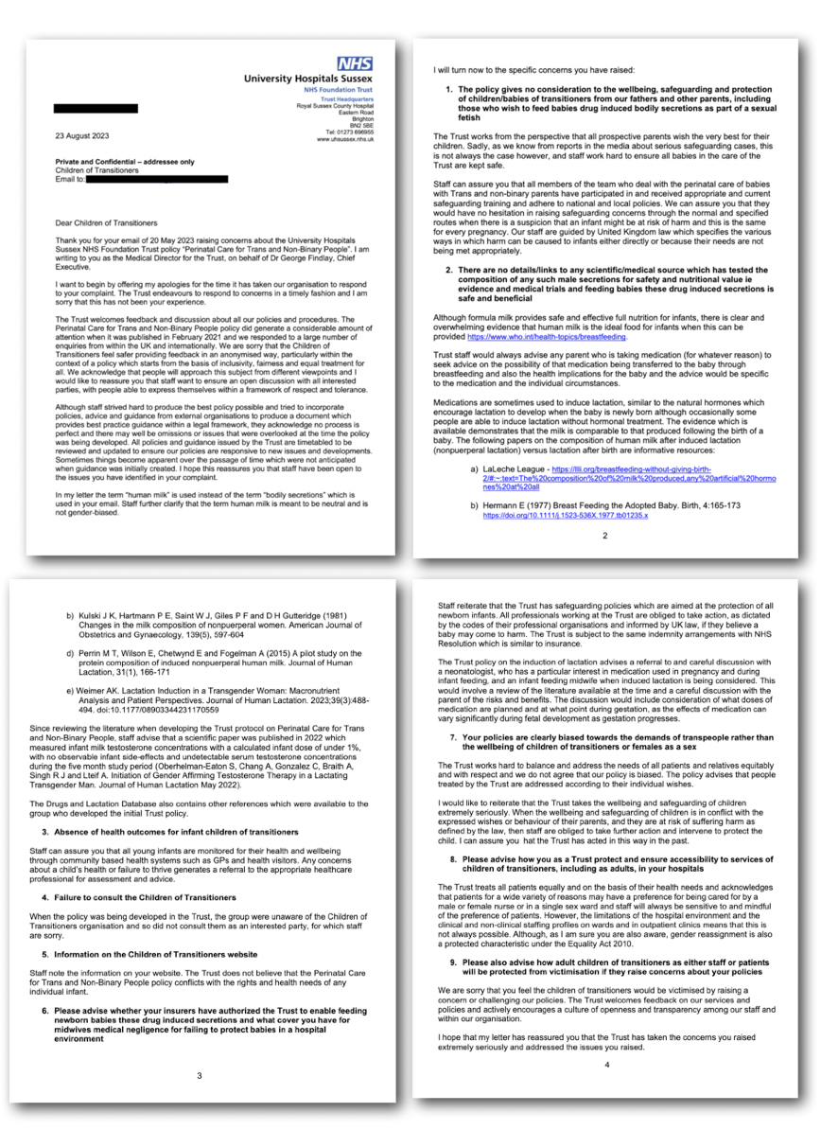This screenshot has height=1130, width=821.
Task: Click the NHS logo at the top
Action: pyautogui.click(x=355, y=64)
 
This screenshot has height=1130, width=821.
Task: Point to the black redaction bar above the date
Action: pyautogui.click(x=96, y=109)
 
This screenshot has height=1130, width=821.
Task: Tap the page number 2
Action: pyautogui.click(x=606, y=535)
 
